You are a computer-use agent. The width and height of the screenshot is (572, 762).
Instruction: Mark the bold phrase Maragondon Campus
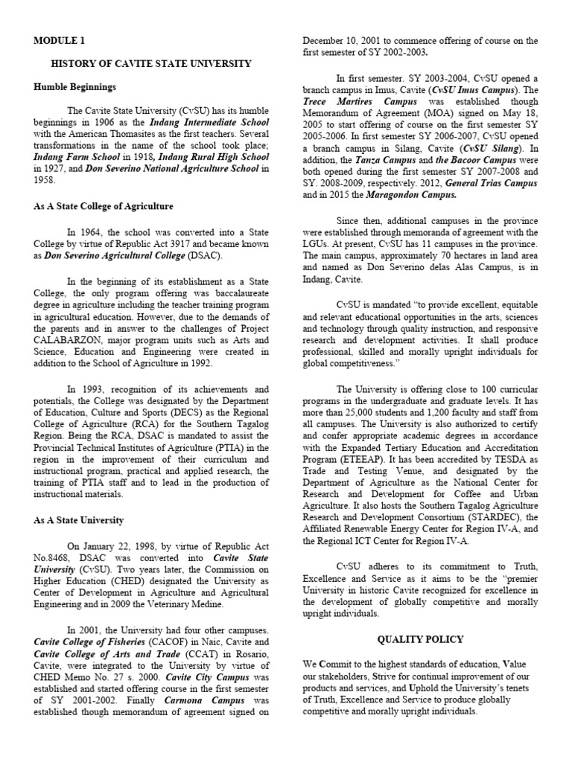tap(415, 195)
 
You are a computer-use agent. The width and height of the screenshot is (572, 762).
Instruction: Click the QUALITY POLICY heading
tap(420, 638)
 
